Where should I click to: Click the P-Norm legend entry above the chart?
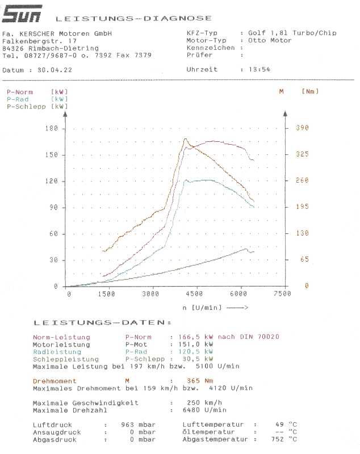point(20,92)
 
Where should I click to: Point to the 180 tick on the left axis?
point(52,128)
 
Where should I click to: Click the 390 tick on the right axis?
point(302,128)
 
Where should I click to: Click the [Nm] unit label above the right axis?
point(310,91)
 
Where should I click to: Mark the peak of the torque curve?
point(185,138)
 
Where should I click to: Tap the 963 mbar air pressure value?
point(139,424)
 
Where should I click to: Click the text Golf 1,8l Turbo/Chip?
point(292,33)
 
